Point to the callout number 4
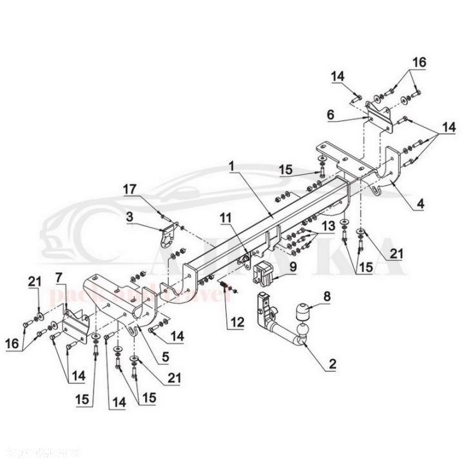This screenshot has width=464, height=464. [419, 205]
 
